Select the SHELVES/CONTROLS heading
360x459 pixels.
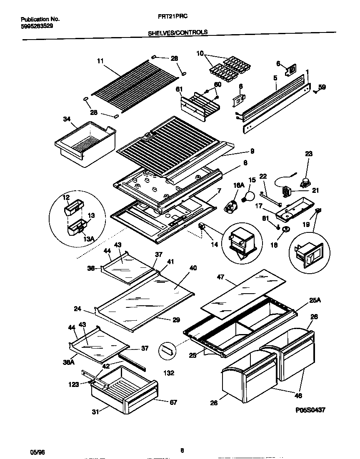(178, 32)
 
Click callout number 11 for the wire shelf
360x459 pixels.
(100, 61)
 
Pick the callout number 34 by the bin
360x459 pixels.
(67, 120)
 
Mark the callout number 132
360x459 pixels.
(169, 373)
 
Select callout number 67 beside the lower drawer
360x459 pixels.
(173, 402)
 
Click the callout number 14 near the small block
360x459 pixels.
(214, 244)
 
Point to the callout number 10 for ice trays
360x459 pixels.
(200, 53)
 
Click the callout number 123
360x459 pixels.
(74, 384)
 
